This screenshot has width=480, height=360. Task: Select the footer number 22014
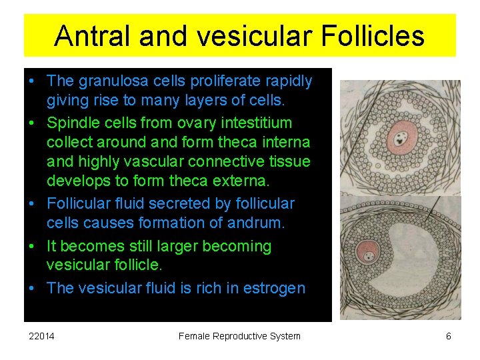pos(42,336)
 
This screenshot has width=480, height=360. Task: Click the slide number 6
pos(449,336)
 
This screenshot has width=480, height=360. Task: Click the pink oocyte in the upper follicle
pos(401,138)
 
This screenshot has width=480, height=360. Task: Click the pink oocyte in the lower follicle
pos(367,253)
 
